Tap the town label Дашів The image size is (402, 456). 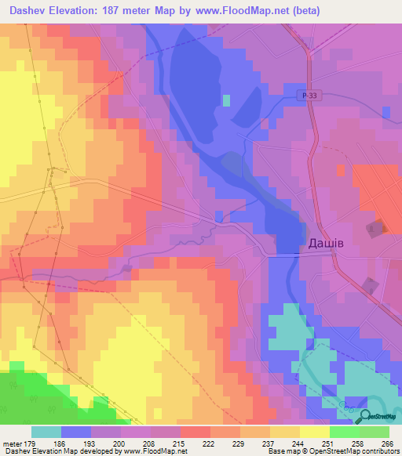[x=322, y=244]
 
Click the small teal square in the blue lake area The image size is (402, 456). [x=227, y=100]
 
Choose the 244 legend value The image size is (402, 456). [x=298, y=443]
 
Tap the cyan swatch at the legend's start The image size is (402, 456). [x=46, y=432]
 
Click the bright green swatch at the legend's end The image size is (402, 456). [x=375, y=432]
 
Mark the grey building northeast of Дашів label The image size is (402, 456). [x=376, y=228]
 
